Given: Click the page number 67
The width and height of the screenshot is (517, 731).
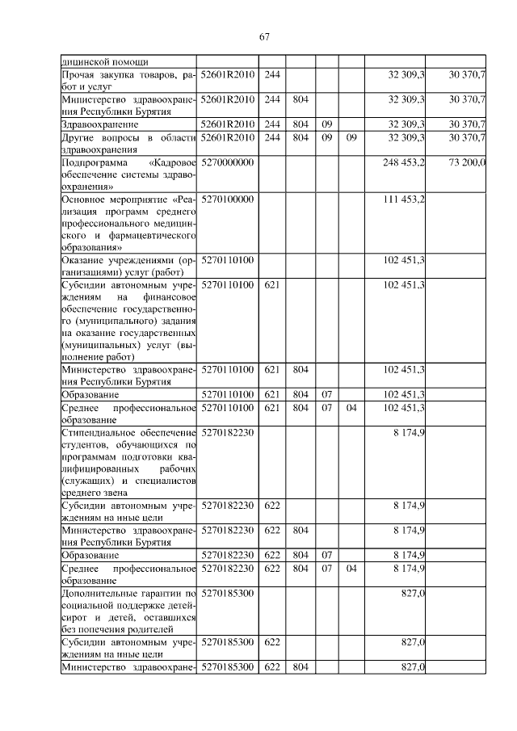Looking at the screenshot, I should [x=264, y=36].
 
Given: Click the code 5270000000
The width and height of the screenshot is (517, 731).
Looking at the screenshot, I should [x=228, y=162].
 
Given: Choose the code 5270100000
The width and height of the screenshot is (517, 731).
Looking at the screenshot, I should [x=228, y=199].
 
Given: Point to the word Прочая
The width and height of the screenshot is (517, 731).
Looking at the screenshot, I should [x=78, y=74].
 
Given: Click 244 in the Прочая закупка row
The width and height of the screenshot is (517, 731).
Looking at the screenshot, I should [x=272, y=74].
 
